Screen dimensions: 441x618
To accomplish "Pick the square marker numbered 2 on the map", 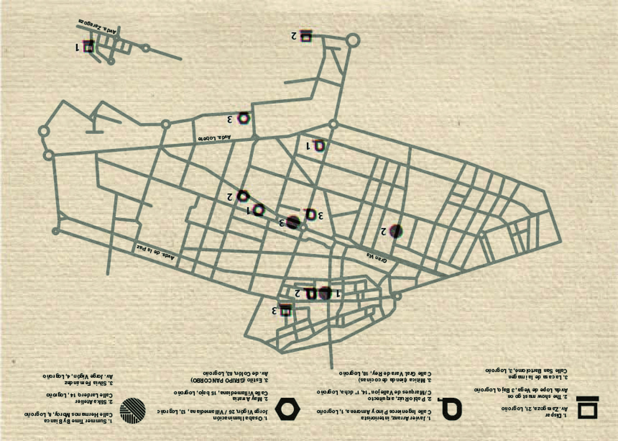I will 306,36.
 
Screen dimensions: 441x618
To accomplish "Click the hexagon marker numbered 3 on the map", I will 243,118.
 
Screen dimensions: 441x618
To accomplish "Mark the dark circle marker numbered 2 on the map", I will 396,231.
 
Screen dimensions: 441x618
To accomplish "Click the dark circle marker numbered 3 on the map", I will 293,221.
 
